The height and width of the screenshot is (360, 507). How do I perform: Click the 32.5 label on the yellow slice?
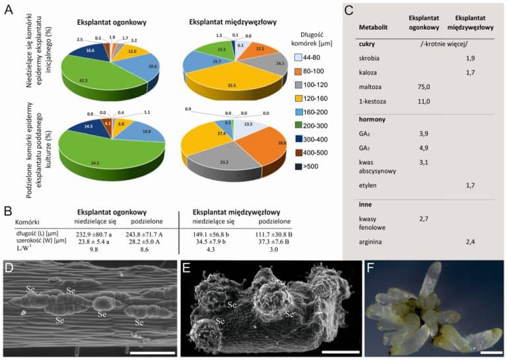(230, 85)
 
